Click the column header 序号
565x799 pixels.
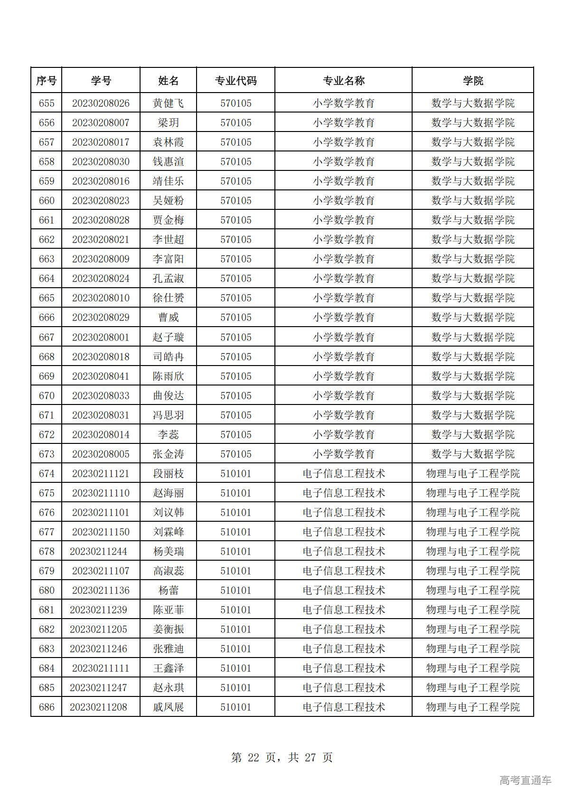pos(46,81)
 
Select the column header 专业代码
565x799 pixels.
pos(235,81)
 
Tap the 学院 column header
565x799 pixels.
pos(473,81)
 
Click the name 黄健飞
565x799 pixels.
pos(168,103)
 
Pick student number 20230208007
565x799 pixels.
pos(101,122)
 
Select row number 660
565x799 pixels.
pos(47,200)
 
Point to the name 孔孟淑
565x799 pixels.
pos(168,278)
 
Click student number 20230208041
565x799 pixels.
pos(101,376)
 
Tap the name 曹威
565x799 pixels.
pos(168,317)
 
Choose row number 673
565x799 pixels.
pos(47,454)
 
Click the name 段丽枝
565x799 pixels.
pos(168,473)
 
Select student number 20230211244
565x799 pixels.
pos(98,551)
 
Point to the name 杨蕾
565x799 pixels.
pos(168,590)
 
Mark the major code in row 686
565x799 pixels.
pos(235,707)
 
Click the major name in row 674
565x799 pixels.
pos(344,473)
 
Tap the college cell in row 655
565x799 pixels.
pos(473,103)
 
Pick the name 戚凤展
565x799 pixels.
pos(168,707)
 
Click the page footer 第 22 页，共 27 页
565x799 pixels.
pos(282,757)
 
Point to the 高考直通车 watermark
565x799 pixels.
pos(525,780)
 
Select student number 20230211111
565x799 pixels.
pos(101,668)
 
